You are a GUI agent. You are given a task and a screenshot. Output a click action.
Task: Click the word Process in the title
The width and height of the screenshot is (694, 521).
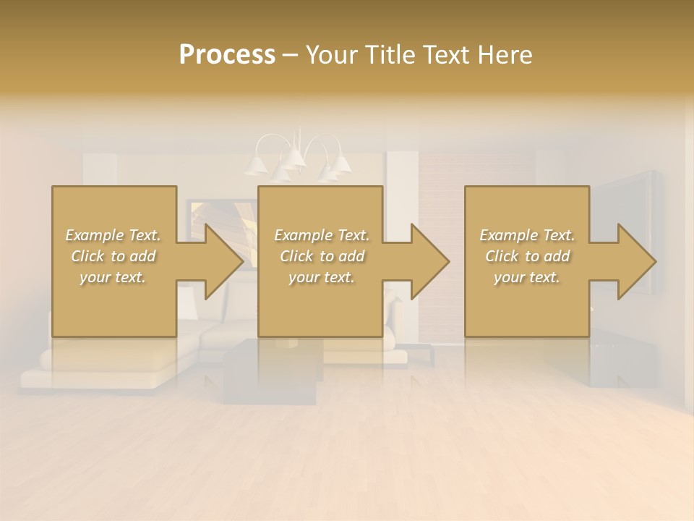227,54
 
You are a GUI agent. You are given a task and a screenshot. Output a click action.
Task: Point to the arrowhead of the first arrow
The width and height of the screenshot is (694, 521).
224,261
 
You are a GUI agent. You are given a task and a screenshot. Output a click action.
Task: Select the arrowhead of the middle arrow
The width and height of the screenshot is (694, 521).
430,261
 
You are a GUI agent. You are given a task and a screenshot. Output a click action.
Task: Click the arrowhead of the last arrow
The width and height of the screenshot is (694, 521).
637,261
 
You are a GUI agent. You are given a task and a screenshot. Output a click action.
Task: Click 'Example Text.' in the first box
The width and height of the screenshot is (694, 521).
113,235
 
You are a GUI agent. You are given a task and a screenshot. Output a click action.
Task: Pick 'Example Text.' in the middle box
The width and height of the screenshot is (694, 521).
322,235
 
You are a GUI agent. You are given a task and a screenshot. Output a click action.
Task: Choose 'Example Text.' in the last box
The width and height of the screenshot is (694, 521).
527,235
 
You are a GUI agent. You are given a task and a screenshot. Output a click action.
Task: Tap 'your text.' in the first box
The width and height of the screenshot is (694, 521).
113,277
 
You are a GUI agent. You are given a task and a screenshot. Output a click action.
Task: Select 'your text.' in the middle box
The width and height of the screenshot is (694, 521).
322,277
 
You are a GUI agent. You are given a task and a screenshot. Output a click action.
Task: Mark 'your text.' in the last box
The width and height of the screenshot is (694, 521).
527,277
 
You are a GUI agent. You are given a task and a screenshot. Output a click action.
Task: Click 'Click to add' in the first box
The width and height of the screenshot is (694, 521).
113,256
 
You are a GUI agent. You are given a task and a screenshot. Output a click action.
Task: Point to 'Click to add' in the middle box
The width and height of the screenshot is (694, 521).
322,256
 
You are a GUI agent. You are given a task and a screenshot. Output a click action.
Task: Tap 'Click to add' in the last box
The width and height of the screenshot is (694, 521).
527,256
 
